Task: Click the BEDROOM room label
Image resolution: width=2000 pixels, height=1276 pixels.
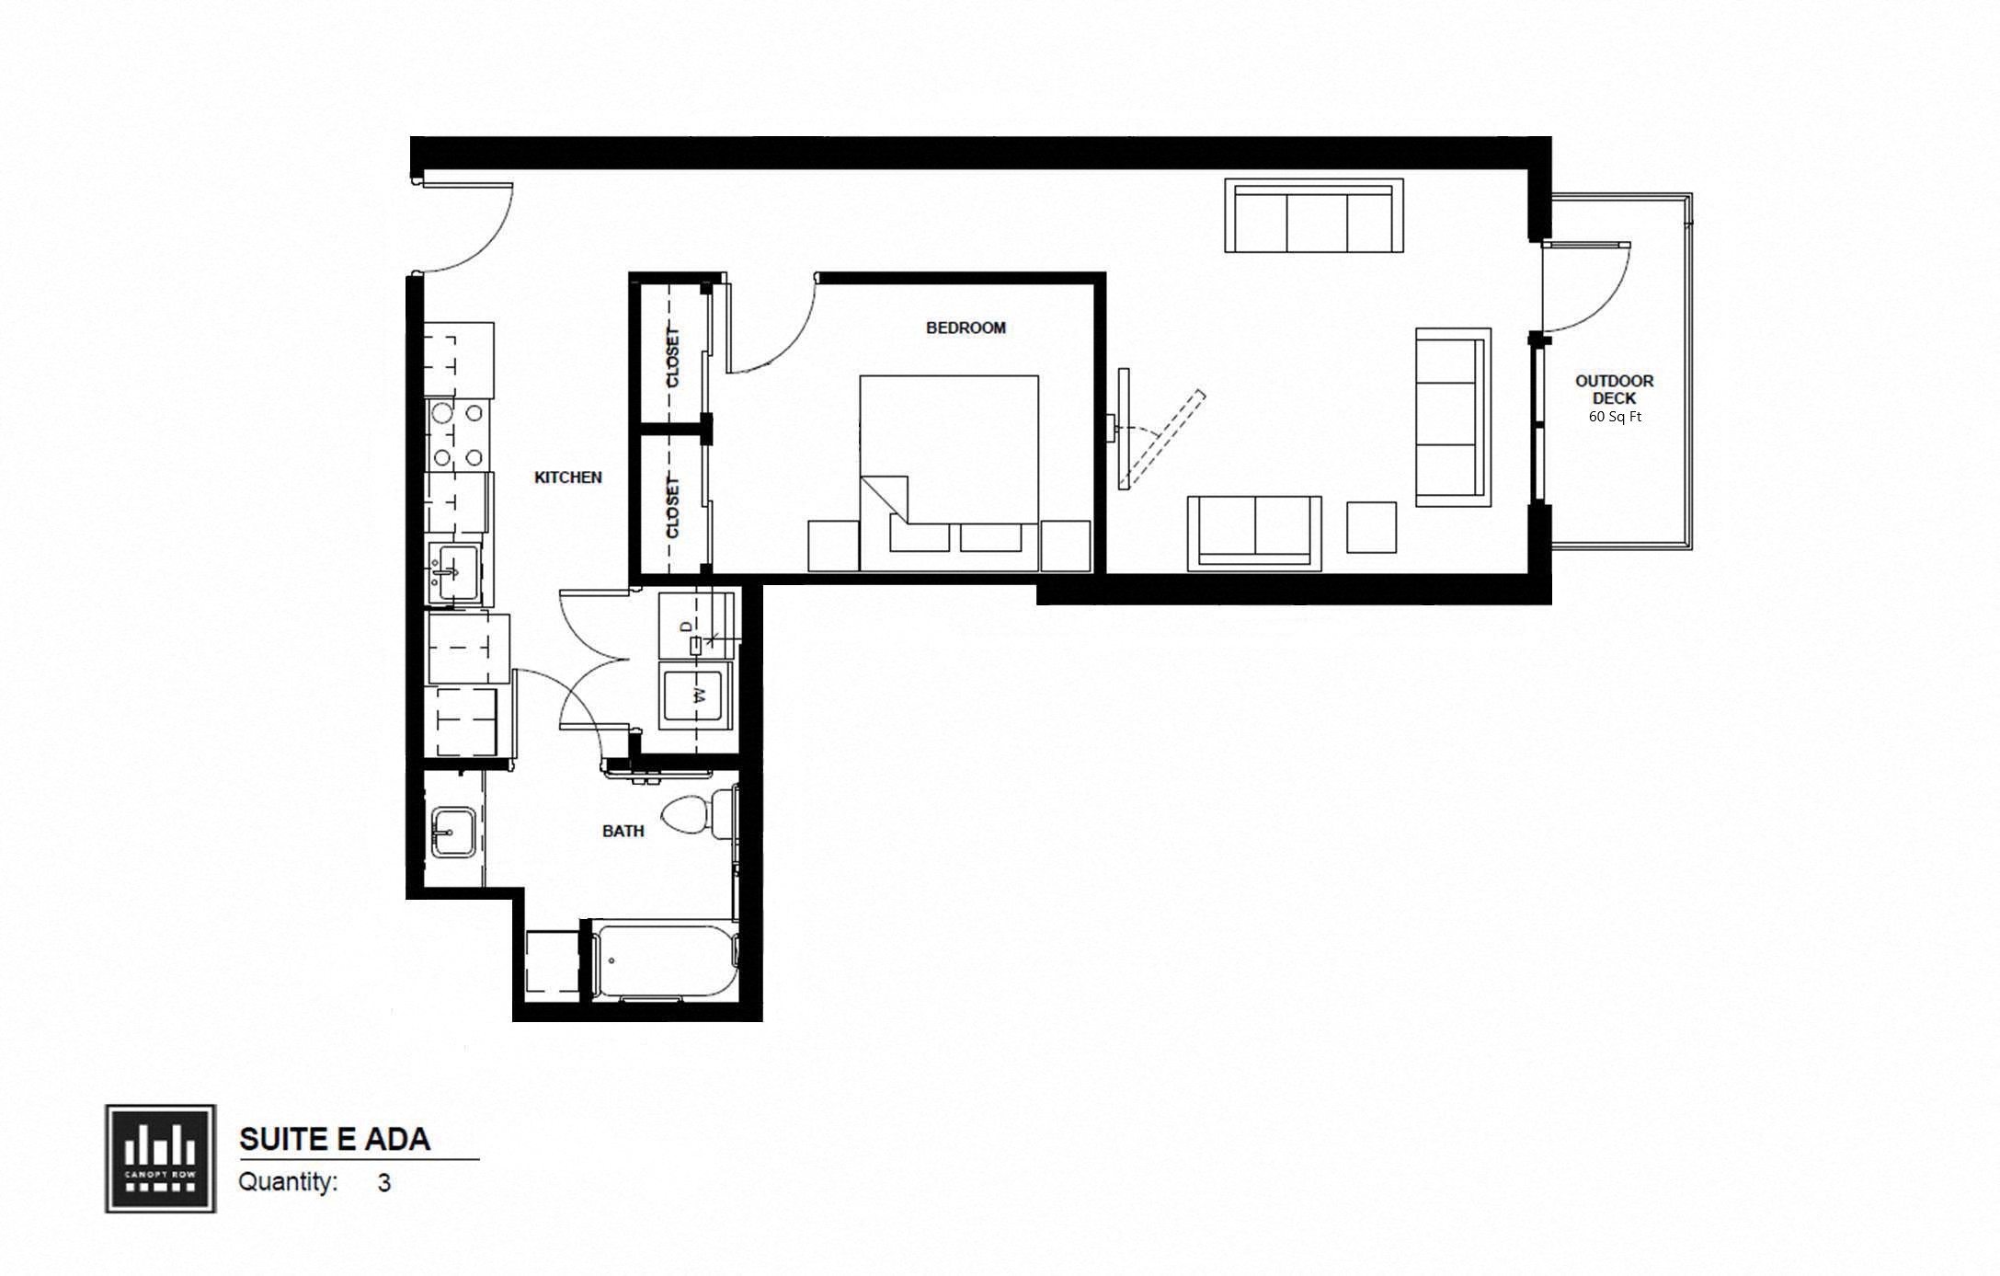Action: tap(965, 328)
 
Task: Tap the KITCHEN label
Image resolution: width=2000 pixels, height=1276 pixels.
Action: tap(567, 477)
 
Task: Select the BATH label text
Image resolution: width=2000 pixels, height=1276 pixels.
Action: tap(623, 831)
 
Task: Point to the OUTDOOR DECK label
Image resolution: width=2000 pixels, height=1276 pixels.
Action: tap(1614, 389)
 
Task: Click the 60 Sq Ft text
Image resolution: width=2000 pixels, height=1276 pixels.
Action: tap(1615, 417)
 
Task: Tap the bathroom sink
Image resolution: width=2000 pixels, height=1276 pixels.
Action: tap(452, 833)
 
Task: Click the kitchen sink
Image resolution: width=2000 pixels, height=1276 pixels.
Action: tap(451, 573)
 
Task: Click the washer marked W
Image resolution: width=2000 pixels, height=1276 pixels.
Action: tap(696, 695)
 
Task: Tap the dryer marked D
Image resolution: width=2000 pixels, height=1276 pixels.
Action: tap(696, 626)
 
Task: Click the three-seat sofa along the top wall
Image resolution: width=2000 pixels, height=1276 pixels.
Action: tap(1313, 216)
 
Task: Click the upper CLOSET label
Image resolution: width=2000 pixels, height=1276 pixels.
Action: tap(672, 357)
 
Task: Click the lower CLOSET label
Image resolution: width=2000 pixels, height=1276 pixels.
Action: tap(672, 507)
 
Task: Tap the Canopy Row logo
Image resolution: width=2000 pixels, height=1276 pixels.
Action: tap(160, 1158)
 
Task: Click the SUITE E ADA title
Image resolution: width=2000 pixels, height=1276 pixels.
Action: tap(335, 1139)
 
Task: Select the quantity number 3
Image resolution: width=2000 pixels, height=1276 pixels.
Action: tap(383, 1183)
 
